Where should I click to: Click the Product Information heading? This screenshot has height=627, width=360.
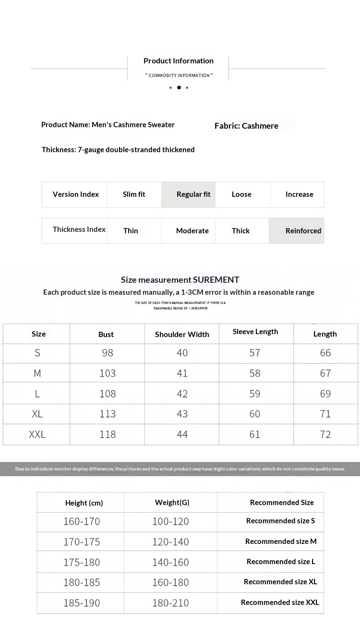coord(179,61)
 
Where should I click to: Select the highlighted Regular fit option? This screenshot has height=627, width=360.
coord(193,194)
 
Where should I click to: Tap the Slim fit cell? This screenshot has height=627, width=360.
coord(134,194)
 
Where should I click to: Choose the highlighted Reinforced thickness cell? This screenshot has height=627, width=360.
coord(303,231)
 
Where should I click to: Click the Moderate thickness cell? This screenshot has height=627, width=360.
coord(192,231)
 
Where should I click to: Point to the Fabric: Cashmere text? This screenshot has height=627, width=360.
coord(246,126)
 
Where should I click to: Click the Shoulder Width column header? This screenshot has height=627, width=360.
coord(182,335)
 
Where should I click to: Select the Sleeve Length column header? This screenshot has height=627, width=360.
coord(255,332)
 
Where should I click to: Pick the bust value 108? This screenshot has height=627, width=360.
coord(108,394)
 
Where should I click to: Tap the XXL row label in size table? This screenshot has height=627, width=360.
coord(37,434)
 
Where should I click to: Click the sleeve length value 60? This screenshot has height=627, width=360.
coord(255,414)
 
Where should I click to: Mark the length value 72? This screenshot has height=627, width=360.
coord(325,434)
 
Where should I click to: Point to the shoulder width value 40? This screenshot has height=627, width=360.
coord(182,353)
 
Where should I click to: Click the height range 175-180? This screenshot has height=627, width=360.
coord(82,562)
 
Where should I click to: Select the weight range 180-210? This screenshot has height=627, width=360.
coord(171,603)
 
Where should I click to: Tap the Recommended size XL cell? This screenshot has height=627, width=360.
coord(280,582)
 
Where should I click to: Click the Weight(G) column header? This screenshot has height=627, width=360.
coord(172,503)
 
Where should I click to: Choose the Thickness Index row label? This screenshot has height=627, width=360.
coord(79,229)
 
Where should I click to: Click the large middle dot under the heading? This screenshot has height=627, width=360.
coord(179,87)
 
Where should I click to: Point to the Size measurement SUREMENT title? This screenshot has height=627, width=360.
coord(180,280)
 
